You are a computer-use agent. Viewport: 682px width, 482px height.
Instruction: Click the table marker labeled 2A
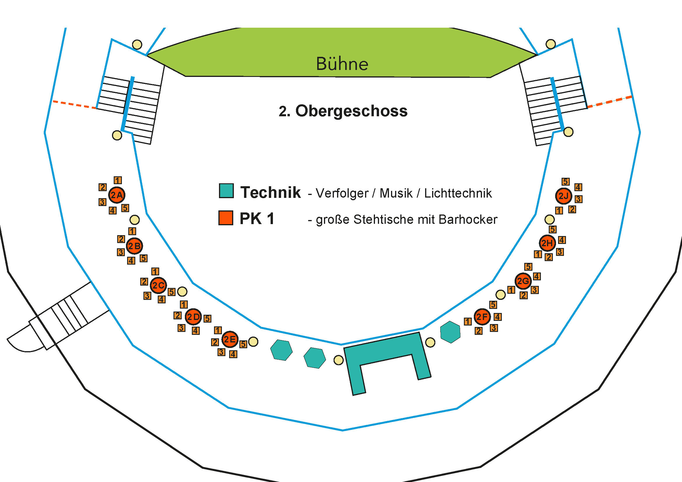116,195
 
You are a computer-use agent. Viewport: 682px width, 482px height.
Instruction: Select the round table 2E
229,339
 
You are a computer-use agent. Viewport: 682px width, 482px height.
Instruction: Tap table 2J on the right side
564,196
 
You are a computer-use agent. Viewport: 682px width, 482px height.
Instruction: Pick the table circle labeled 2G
523,281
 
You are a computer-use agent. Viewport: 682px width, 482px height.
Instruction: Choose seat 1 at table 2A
118,180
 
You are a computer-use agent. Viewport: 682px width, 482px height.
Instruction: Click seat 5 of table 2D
207,319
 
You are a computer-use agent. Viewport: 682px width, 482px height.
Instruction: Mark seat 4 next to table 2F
498,317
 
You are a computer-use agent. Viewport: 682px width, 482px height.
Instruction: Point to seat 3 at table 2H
560,252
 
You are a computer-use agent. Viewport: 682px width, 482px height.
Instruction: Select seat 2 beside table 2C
144,282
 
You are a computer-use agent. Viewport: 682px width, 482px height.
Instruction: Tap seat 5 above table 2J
566,181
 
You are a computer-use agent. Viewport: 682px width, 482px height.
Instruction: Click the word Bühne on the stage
342,64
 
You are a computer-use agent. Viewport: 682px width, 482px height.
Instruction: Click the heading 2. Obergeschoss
343,111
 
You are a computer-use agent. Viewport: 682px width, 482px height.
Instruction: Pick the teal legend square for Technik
226,191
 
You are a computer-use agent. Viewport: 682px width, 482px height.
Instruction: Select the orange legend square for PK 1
226,218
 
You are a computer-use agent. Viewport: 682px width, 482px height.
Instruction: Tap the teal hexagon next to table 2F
450,332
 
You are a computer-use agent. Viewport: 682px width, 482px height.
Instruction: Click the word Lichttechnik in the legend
458,193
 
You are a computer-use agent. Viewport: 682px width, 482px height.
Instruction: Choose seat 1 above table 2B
132,231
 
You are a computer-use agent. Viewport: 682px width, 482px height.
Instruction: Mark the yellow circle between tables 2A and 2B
134,220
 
